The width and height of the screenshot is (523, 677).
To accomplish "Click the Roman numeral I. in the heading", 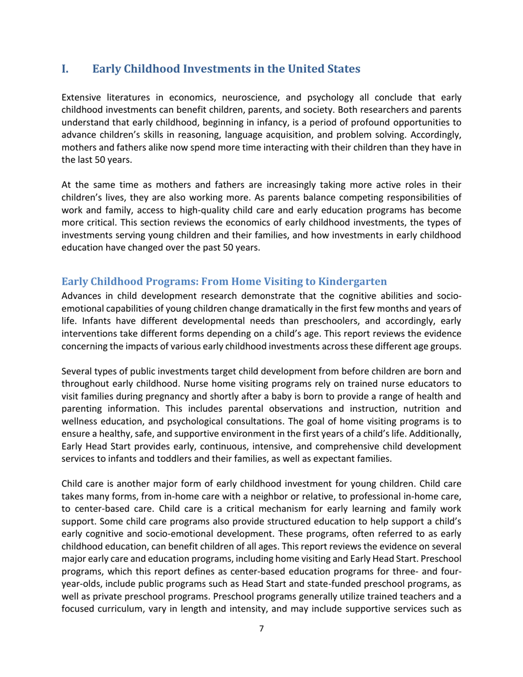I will [66, 69].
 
